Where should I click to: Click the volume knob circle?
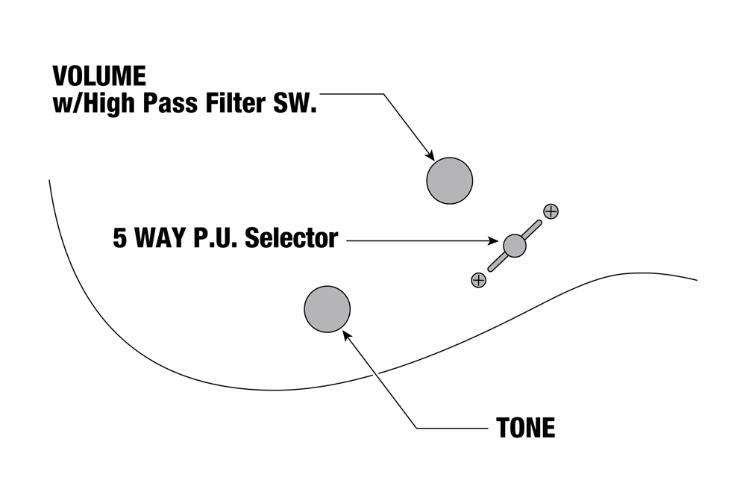(450, 181)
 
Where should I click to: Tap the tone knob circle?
(327, 308)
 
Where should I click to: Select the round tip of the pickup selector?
(514, 245)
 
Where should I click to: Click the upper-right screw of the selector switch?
(551, 211)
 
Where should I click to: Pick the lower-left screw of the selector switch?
(478, 280)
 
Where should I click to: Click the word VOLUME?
(99, 76)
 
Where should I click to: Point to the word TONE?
(525, 428)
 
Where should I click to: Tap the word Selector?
(292, 239)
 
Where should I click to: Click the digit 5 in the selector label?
(120, 239)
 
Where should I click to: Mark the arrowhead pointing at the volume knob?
(430, 155)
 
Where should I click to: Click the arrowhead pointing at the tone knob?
(346, 335)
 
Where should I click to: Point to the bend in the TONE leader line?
(415, 428)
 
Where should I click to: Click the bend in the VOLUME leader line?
(383, 94)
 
